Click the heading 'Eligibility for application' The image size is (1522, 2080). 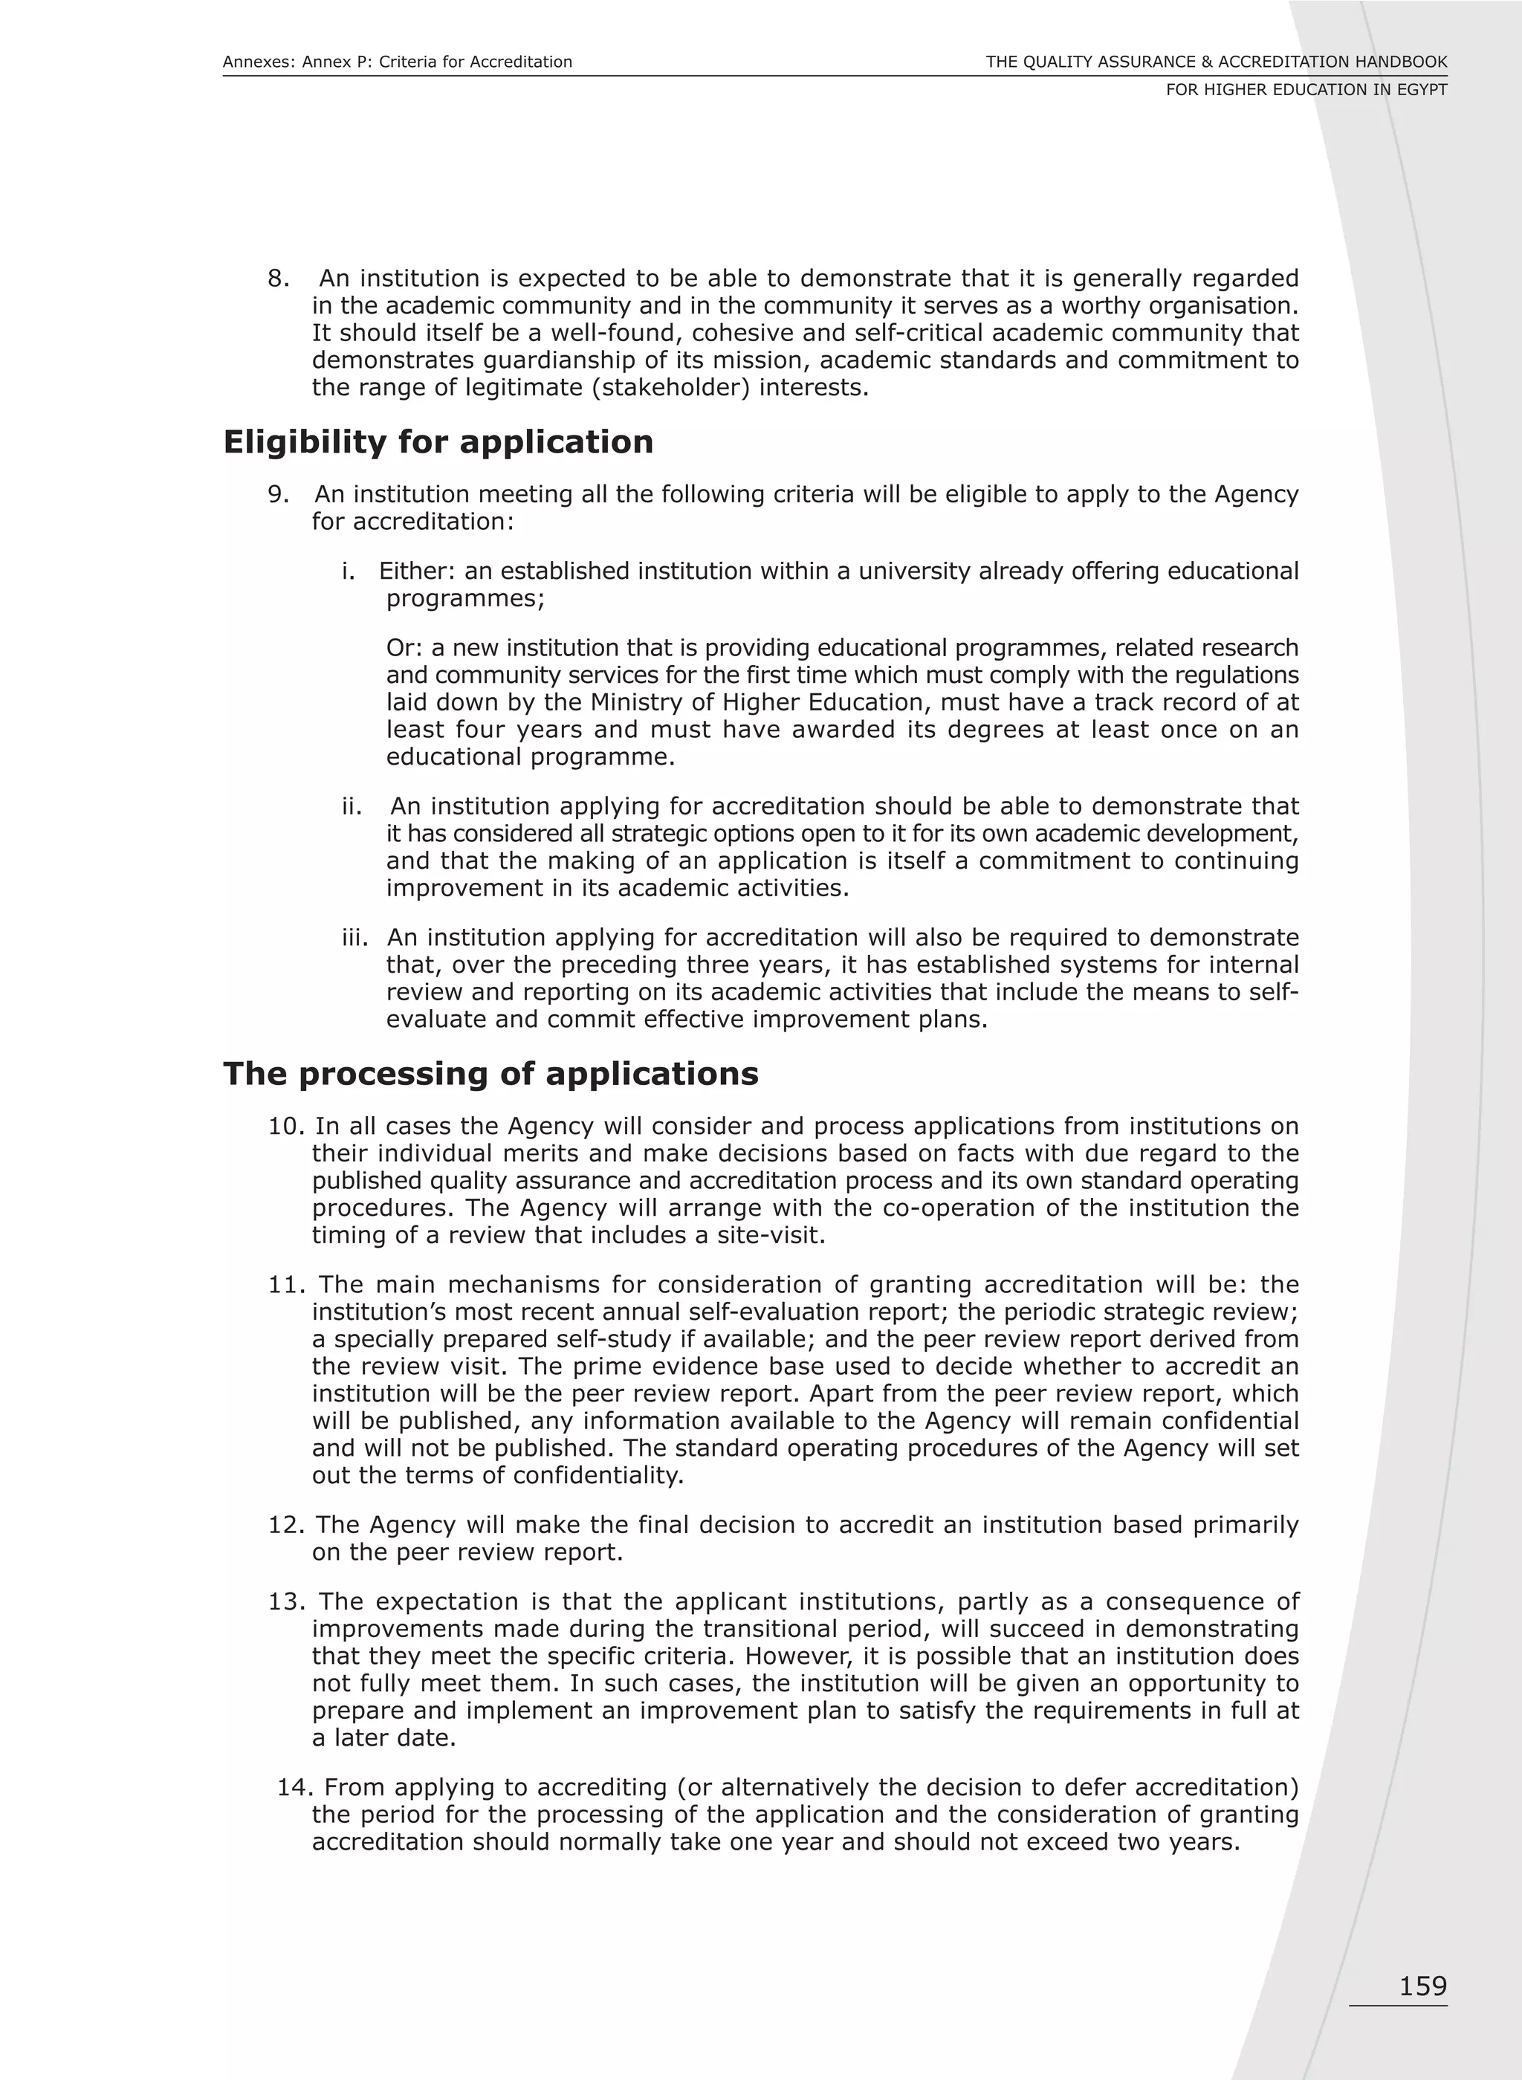[438, 442]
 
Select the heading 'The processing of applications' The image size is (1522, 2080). [490, 1073]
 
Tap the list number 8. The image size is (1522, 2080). [278, 278]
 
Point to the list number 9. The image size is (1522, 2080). [278, 495]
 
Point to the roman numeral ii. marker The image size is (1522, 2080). [353, 807]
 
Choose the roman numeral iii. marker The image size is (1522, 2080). [354, 938]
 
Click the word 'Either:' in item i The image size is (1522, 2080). [418, 571]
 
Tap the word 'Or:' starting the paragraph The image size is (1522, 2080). [404, 649]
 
